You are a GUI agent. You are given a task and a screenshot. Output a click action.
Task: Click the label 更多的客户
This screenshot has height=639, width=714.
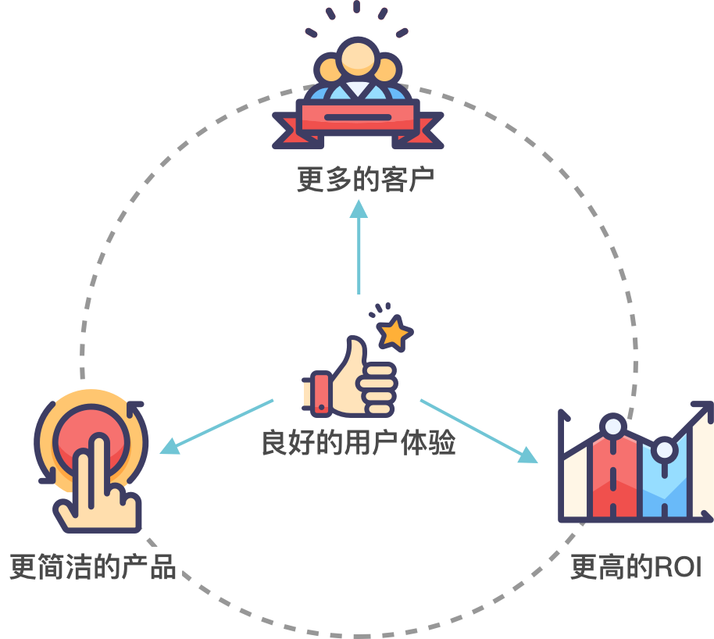(x=365, y=179)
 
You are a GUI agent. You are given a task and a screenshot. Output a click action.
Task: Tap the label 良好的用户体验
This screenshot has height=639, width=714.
(x=359, y=443)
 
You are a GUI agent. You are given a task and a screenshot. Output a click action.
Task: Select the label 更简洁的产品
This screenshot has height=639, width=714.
(x=92, y=566)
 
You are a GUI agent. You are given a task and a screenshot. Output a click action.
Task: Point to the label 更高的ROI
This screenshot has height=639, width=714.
(x=636, y=567)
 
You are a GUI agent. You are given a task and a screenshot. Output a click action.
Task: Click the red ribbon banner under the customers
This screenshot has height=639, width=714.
(x=358, y=117)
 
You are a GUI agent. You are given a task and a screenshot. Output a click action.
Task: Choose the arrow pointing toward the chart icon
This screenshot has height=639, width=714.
(x=479, y=430)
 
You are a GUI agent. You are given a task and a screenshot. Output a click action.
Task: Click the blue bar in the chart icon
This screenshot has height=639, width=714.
(x=664, y=484)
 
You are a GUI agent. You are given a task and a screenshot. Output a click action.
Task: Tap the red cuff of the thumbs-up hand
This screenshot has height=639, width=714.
(x=320, y=391)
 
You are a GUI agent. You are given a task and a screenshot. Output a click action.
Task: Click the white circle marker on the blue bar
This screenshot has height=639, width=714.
(x=665, y=450)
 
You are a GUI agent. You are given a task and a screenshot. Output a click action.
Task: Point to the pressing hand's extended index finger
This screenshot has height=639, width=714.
(x=98, y=461)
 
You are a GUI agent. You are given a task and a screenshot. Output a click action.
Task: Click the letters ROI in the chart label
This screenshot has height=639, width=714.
(x=677, y=567)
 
